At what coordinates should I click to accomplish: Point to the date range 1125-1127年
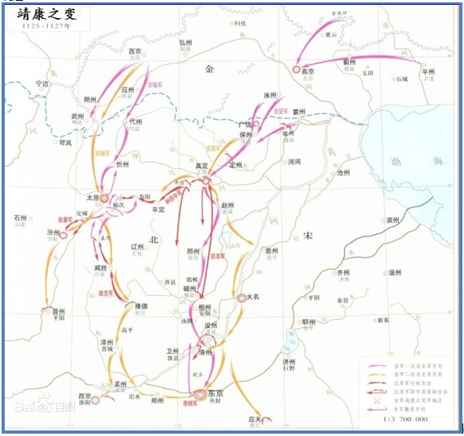[37, 25]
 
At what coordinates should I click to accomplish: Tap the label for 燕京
[309, 72]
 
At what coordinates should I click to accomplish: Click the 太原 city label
[93, 196]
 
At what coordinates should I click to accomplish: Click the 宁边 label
[38, 84]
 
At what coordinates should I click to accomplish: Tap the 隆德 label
[140, 306]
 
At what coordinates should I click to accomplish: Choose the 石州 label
[21, 218]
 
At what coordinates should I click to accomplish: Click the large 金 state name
[209, 69]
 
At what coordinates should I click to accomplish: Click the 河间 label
[294, 162]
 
